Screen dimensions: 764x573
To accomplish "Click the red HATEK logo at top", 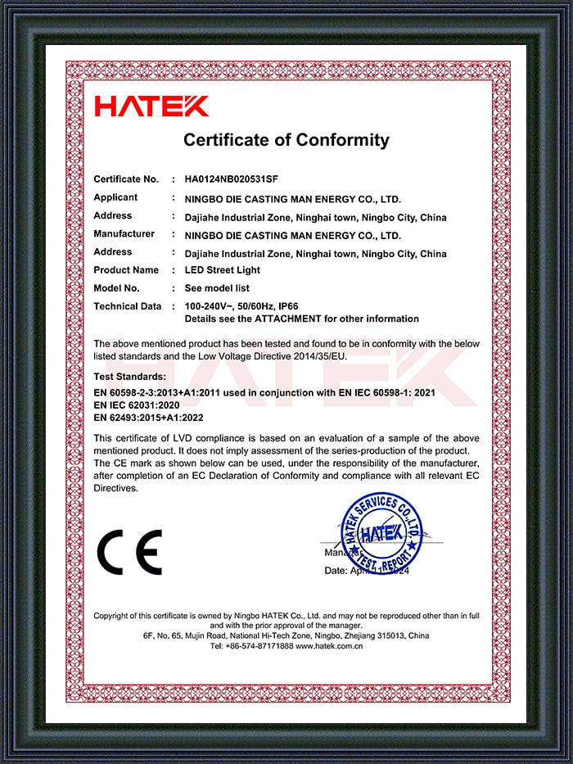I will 151,106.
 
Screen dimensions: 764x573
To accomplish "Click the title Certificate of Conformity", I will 286,139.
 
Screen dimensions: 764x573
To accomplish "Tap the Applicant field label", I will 115,197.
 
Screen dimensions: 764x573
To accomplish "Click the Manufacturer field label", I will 124,234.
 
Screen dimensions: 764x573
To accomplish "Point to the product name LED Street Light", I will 223,270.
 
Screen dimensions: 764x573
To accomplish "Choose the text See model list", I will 217,288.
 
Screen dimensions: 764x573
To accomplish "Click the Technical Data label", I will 128,306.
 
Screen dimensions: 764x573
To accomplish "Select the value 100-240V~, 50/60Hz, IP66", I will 241,306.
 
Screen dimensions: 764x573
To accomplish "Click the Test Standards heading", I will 130,376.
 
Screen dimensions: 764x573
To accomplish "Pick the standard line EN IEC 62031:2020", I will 137,405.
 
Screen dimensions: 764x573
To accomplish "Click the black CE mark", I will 129,551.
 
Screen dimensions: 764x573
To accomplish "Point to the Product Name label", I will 126,270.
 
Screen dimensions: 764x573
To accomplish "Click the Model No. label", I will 117,288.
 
